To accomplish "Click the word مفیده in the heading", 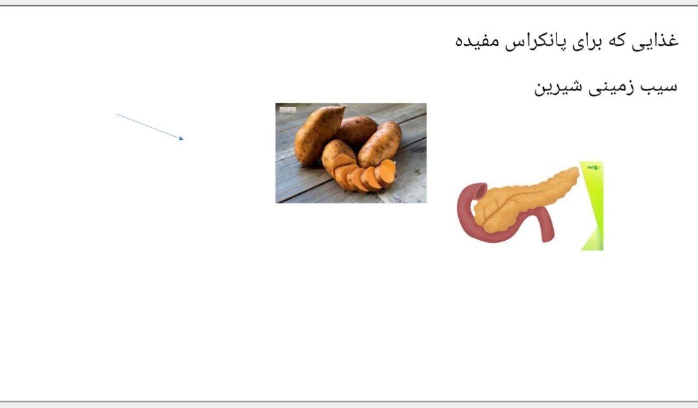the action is pos(477,41).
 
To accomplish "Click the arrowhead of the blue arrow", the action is pos(182,139).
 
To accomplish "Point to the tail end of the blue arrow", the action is pos(117,114).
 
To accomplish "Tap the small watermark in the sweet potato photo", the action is pos(288,109).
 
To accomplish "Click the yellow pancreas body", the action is pos(525,200).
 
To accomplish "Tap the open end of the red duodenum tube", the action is pos(480,190).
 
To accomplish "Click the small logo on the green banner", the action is pos(593,168).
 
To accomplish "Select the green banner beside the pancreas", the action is pos(593,206).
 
